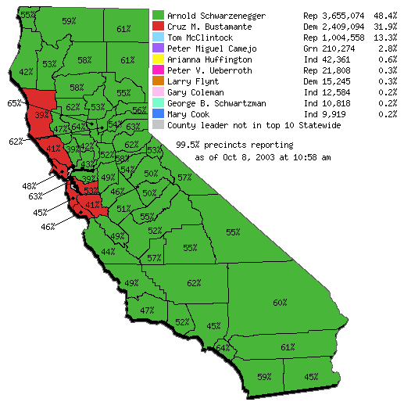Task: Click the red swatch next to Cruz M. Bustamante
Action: (x=159, y=27)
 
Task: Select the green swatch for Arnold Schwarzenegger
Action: (x=159, y=16)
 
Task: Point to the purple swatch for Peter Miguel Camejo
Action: (x=159, y=48)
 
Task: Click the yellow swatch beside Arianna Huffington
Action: (x=159, y=59)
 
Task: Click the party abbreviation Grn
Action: (x=310, y=48)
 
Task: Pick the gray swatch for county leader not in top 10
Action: (x=159, y=125)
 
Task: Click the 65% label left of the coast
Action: (x=14, y=103)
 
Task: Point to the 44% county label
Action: (x=109, y=252)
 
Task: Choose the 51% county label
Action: (x=123, y=209)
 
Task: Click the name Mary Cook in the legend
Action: (x=188, y=114)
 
